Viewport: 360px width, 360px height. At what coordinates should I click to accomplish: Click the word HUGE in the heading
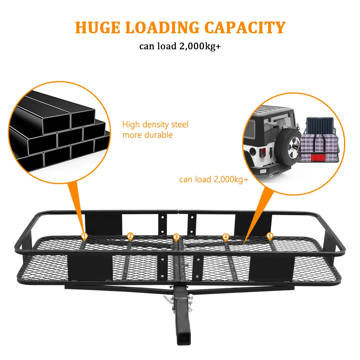97,28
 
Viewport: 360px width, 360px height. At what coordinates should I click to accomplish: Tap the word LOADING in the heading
162,28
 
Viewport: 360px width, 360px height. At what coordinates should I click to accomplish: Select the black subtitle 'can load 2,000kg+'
180,46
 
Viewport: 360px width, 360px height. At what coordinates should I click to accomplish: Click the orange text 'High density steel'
155,124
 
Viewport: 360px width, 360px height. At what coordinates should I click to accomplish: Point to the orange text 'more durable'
147,135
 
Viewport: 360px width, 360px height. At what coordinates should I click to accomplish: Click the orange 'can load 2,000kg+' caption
214,179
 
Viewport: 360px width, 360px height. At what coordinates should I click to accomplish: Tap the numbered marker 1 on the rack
85,236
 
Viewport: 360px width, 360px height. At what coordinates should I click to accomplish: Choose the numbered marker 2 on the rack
130,236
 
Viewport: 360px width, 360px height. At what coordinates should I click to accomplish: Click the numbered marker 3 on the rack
176,237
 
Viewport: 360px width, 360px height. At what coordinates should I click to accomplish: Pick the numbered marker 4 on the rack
226,237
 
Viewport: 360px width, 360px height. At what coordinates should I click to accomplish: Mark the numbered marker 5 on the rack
270,236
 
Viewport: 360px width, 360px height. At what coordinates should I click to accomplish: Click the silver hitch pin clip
167,300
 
